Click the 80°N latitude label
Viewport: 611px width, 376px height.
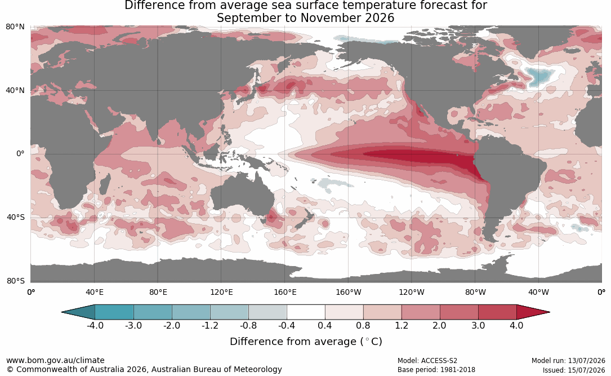coord(15,27)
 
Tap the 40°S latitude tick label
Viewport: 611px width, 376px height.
coord(15,217)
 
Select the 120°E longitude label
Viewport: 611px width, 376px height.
coord(221,292)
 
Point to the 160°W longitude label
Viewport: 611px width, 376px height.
coord(349,292)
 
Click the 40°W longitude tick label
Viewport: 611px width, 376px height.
coord(539,292)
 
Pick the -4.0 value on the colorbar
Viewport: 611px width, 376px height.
coord(95,325)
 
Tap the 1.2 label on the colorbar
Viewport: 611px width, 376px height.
coord(402,325)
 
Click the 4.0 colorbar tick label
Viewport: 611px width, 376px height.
coord(516,325)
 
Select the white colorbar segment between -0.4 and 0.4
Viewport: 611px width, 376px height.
coord(306,312)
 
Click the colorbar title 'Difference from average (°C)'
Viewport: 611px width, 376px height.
coord(306,341)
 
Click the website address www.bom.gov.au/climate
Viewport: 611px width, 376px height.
coord(55,360)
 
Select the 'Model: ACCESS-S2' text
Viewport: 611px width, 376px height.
coord(427,361)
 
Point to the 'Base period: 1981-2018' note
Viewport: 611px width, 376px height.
coord(436,370)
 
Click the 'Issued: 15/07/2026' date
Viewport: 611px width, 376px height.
coord(574,370)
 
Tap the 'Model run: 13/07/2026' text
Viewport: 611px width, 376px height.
coord(569,361)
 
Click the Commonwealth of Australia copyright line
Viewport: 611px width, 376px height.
coord(144,369)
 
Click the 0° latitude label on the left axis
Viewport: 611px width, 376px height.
coord(20,154)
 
